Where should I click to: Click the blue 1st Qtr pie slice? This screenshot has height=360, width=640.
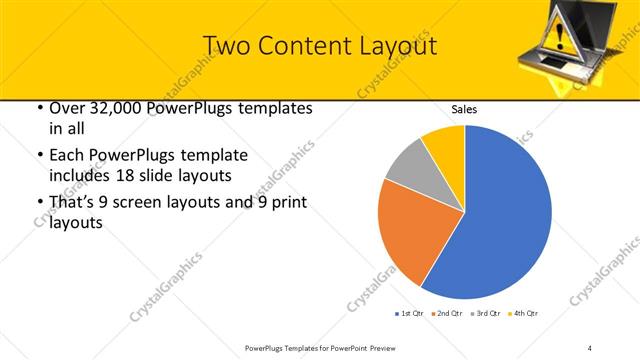click(x=500, y=215)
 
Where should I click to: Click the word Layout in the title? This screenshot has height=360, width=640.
click(x=390, y=46)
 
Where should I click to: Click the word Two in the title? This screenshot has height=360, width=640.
click(x=225, y=46)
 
